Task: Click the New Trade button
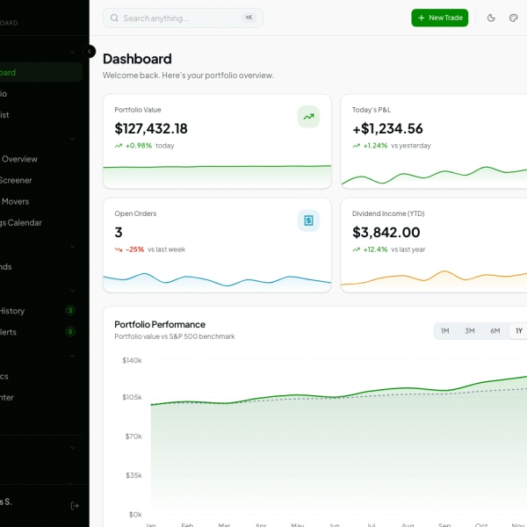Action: tap(439, 18)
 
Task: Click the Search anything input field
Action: tap(176, 18)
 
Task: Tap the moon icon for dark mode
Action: tap(491, 18)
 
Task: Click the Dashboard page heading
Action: tap(137, 59)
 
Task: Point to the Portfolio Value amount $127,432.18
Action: tap(151, 128)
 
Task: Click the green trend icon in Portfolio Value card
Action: tap(308, 116)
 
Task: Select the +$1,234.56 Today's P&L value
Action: tap(387, 128)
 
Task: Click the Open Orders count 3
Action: tap(119, 232)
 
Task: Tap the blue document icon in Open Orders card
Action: tap(308, 220)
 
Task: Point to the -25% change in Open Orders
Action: tap(134, 249)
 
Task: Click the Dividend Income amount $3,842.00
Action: tap(386, 232)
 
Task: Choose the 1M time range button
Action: tap(444, 331)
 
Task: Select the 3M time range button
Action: tap(470, 331)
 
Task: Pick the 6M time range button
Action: tap(495, 331)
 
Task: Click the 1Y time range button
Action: tap(518, 331)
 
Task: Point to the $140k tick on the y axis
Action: tap(132, 360)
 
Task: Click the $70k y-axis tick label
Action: tap(134, 437)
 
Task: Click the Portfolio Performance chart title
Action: tap(160, 324)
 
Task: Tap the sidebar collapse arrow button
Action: tap(90, 52)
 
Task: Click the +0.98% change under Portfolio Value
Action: tap(138, 146)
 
